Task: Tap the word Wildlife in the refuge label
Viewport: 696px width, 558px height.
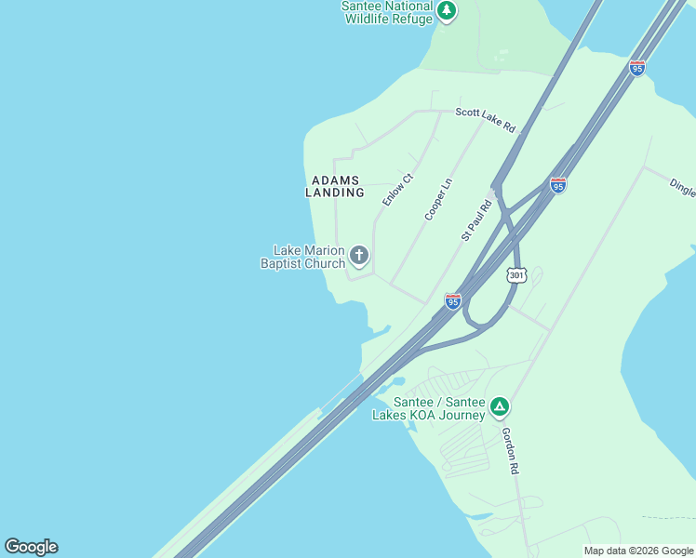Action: pyautogui.click(x=367, y=19)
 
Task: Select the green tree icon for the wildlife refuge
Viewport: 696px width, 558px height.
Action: pyautogui.click(x=448, y=11)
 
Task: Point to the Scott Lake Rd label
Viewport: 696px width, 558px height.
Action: pyautogui.click(x=485, y=119)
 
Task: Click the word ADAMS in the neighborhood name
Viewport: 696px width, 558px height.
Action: pyautogui.click(x=335, y=179)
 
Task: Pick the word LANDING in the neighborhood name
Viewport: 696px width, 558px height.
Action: pyautogui.click(x=335, y=193)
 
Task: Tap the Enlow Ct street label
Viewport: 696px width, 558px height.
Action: pyautogui.click(x=396, y=190)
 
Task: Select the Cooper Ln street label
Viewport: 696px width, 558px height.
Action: pyautogui.click(x=437, y=199)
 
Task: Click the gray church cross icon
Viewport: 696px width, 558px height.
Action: pyautogui.click(x=359, y=255)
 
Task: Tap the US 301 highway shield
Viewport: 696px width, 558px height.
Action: pyautogui.click(x=517, y=275)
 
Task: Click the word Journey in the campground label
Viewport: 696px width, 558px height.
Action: pyautogui.click(x=462, y=415)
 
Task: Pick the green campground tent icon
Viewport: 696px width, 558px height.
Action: pyautogui.click(x=500, y=406)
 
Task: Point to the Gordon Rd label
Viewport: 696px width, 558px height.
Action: pyautogui.click(x=509, y=451)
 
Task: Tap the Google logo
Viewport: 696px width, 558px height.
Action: pyautogui.click(x=31, y=547)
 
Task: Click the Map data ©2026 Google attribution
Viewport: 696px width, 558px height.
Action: pyautogui.click(x=639, y=551)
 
